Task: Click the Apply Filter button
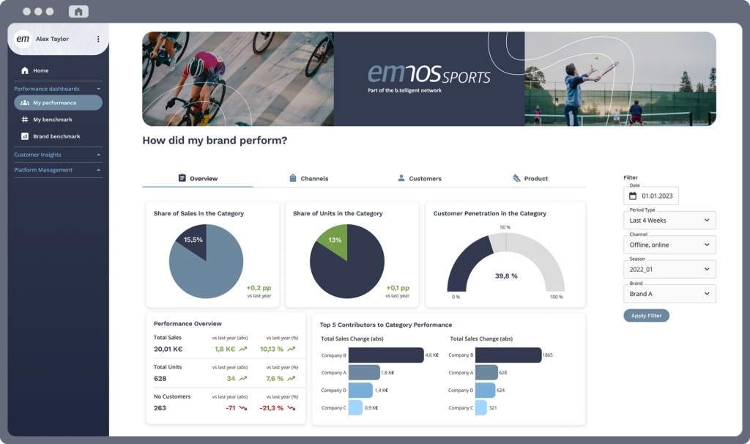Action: point(646,316)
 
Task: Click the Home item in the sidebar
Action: point(40,70)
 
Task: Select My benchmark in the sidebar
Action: point(52,119)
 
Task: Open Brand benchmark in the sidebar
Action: point(56,136)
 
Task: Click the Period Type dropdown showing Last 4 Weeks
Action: point(669,220)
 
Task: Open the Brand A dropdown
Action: point(669,294)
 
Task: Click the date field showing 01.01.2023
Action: point(651,196)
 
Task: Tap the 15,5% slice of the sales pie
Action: point(191,242)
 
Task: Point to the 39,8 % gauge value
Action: point(505,276)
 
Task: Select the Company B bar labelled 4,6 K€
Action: point(386,355)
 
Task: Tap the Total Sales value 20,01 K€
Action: point(168,349)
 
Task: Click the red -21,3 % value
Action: point(272,408)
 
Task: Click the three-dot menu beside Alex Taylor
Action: point(98,39)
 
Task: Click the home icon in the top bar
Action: point(78,12)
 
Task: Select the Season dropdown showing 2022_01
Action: point(669,269)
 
